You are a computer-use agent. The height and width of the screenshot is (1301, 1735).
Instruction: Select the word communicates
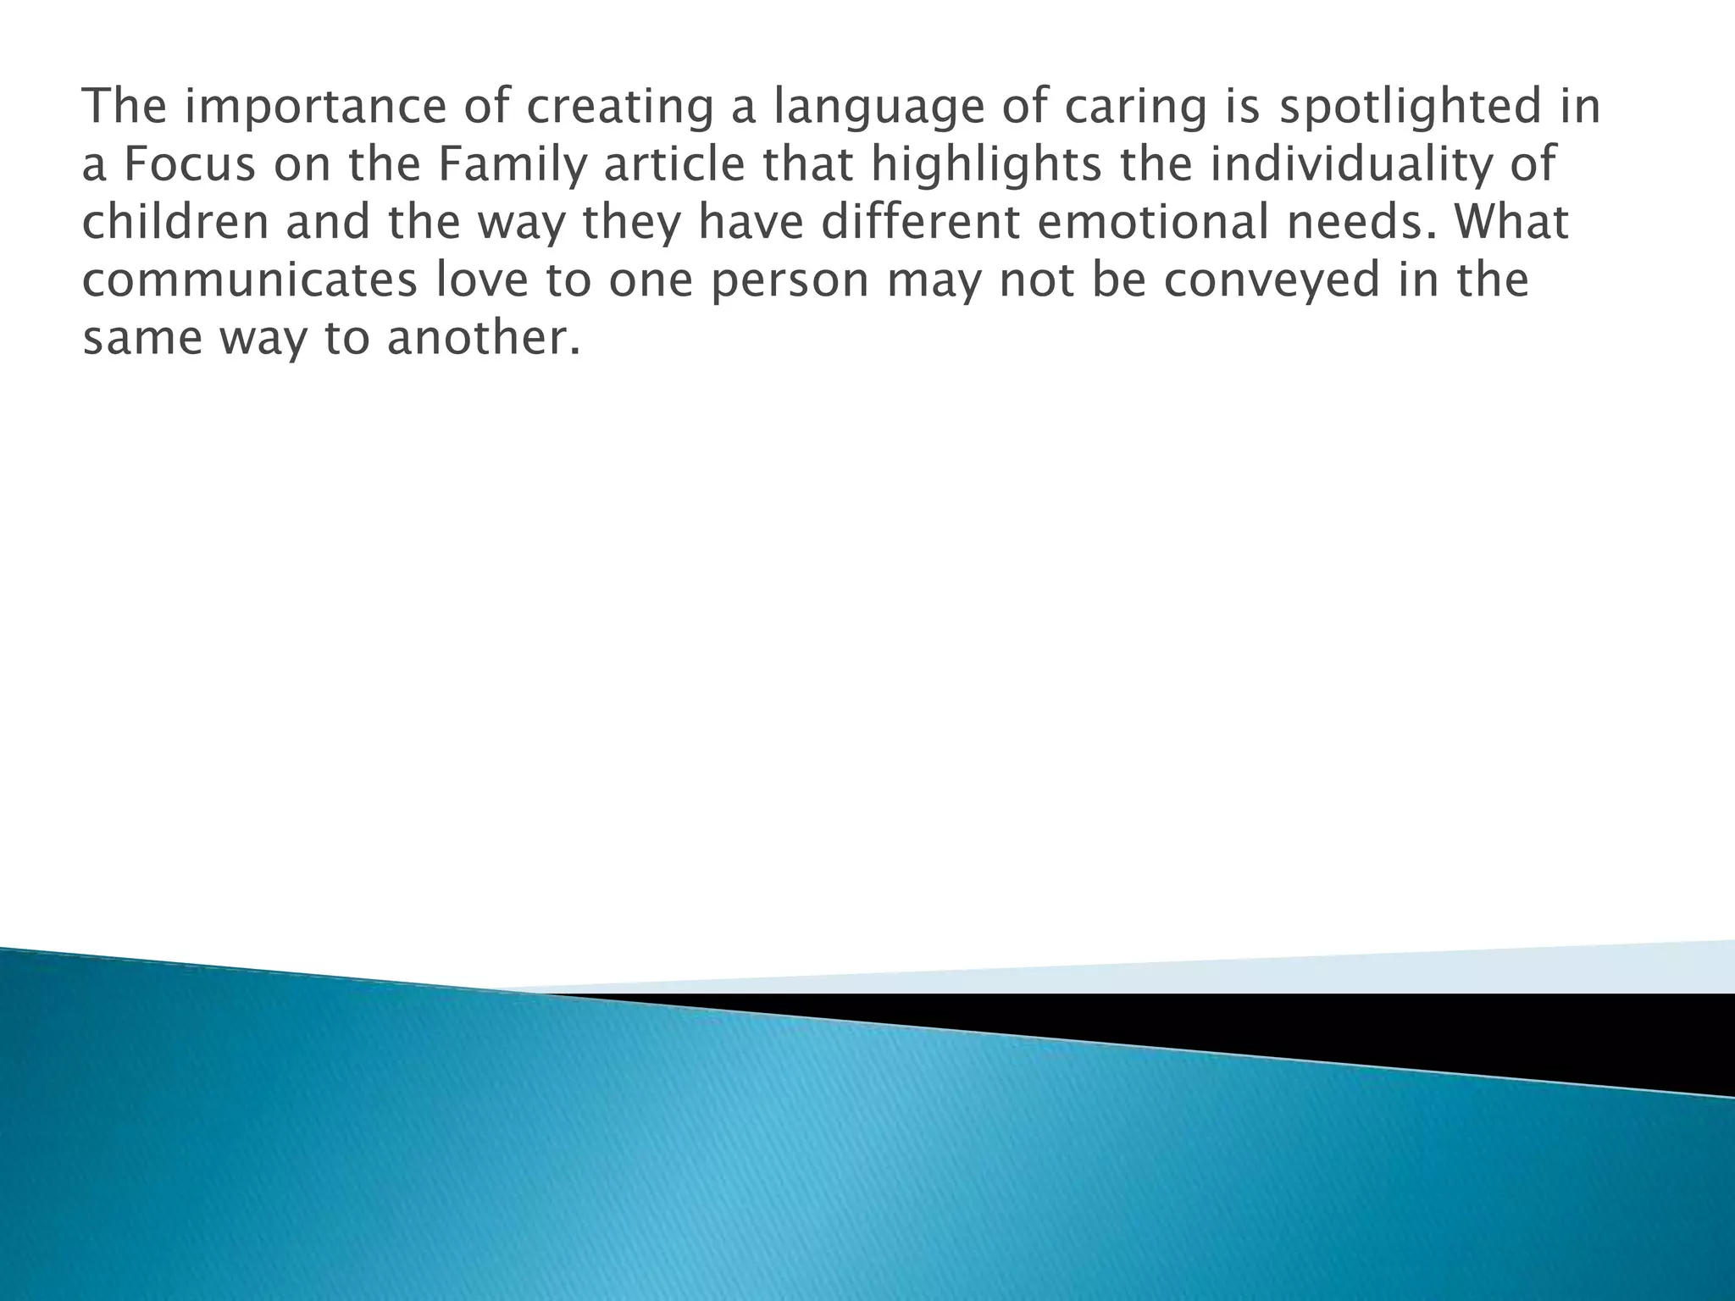[x=250, y=280]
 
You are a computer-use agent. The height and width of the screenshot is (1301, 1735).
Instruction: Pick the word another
[x=484, y=338]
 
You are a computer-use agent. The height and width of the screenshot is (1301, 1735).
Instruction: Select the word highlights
[x=986, y=164]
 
